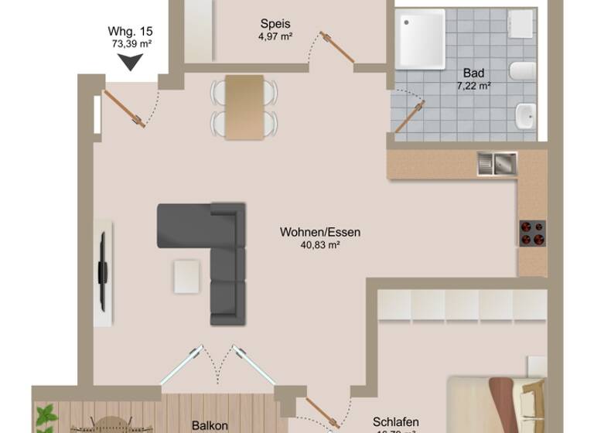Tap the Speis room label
(x=275, y=23)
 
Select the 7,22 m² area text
(x=474, y=86)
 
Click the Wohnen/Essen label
(x=320, y=232)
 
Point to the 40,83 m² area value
(x=320, y=245)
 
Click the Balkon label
(x=210, y=425)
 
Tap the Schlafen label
(x=395, y=422)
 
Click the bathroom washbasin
(x=526, y=116)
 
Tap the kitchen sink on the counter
(x=497, y=162)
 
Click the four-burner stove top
(x=532, y=233)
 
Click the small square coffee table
(x=187, y=276)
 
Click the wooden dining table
(x=244, y=107)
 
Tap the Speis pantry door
(x=339, y=50)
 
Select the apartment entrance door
(x=124, y=108)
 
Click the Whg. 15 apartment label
(x=131, y=32)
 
